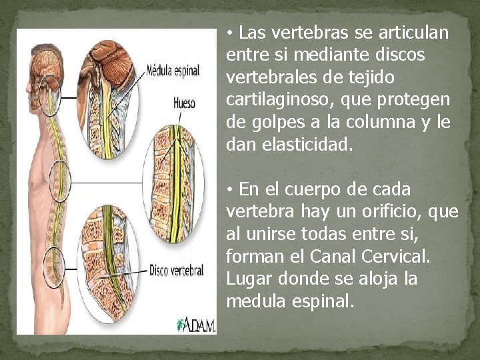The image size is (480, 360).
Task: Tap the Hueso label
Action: (x=183, y=104)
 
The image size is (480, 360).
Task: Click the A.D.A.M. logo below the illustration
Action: (x=196, y=325)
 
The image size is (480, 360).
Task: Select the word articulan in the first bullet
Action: (x=416, y=32)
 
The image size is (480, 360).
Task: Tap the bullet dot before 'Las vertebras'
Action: (x=229, y=33)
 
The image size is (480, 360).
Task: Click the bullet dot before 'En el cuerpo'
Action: (x=229, y=191)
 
